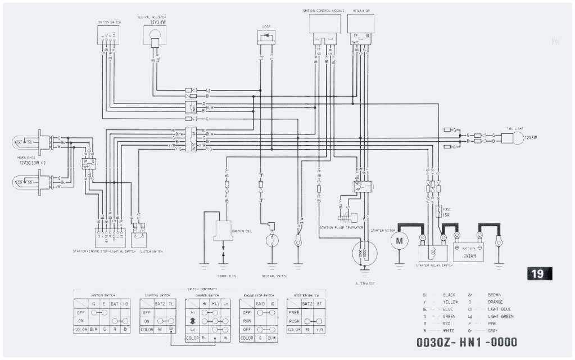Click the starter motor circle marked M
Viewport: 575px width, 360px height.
pos(399,241)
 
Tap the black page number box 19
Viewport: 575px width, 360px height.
pos(537,274)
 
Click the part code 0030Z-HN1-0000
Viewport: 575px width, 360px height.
pos(467,341)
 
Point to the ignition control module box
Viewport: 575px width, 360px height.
pos(325,23)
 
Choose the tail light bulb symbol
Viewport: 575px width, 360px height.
pos(511,138)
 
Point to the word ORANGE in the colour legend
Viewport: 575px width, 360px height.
pos(496,302)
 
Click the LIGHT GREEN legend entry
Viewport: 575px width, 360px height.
pos(499,317)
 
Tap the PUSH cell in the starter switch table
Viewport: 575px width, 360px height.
pos(293,321)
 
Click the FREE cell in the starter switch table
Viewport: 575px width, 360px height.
pos(293,312)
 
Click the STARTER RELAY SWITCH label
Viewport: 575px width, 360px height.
pos(434,264)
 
